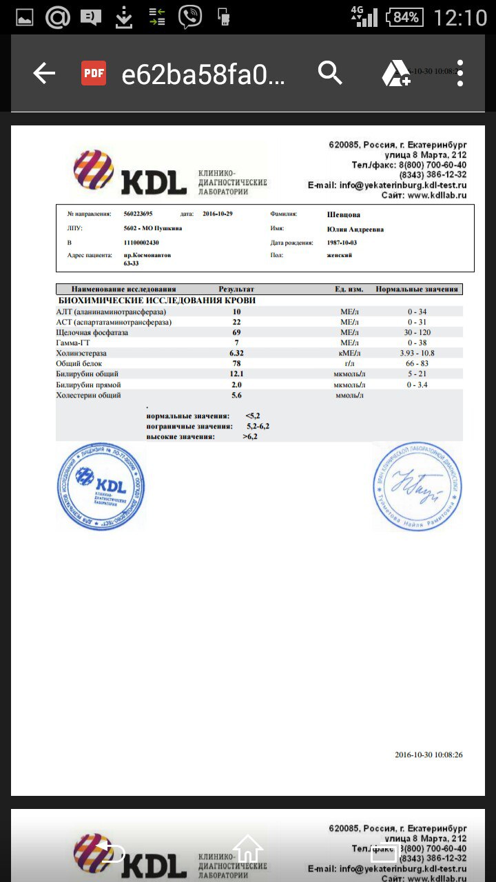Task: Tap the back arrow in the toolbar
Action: pos(44,73)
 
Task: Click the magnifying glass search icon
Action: pos(330,73)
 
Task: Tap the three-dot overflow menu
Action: pos(460,73)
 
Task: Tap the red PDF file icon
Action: pos(94,73)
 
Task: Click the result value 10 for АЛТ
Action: pos(236,311)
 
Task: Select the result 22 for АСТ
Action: pos(236,322)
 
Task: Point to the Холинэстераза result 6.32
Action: pos(236,353)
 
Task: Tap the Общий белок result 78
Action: pos(236,364)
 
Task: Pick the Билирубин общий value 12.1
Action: pos(236,374)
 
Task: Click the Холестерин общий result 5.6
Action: pos(236,396)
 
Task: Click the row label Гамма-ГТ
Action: pos(75,342)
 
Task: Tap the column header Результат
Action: pos(236,289)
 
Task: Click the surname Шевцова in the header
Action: pos(344,214)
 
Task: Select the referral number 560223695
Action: pos(138,214)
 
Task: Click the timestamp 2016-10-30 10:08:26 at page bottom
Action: pos(428,755)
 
